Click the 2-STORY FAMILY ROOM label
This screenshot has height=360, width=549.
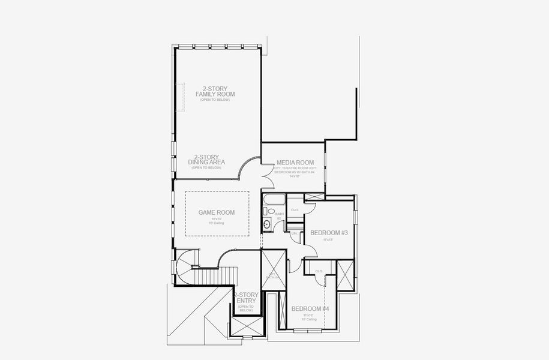(215, 91)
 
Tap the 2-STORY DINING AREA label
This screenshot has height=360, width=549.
(206, 159)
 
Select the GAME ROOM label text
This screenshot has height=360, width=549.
(217, 212)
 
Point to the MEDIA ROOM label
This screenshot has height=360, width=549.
(295, 163)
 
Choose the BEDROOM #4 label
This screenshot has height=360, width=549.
(310, 308)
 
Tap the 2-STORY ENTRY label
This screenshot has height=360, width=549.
(245, 298)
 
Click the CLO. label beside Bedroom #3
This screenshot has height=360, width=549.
(295, 210)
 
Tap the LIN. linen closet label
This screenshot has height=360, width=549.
(295, 233)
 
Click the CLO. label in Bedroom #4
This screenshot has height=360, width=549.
(319, 271)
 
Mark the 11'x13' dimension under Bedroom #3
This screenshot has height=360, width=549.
(328, 239)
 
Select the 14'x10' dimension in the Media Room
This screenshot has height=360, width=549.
(295, 176)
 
